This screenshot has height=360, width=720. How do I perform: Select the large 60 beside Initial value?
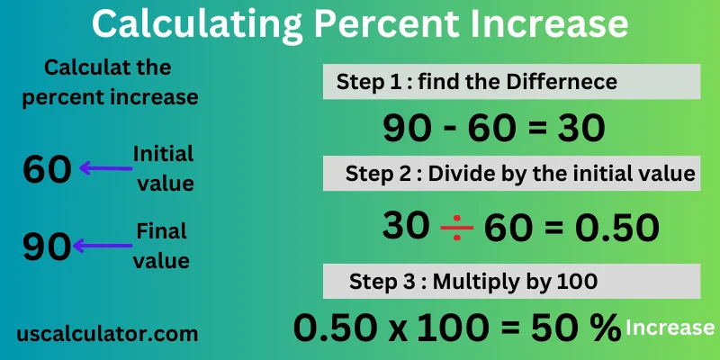pyautogui.click(x=47, y=169)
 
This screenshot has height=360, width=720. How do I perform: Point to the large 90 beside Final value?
pyautogui.click(x=47, y=246)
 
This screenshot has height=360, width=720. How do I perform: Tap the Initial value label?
pyautogui.click(x=163, y=168)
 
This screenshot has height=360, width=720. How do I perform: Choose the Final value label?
pyautogui.click(x=162, y=246)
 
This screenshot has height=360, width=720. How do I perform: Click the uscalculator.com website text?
pyautogui.click(x=107, y=333)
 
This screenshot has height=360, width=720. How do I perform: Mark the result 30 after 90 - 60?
pyautogui.click(x=580, y=130)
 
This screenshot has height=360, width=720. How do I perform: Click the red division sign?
pyautogui.click(x=456, y=229)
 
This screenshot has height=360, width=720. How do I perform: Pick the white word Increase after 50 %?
pyautogui.click(x=670, y=328)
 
